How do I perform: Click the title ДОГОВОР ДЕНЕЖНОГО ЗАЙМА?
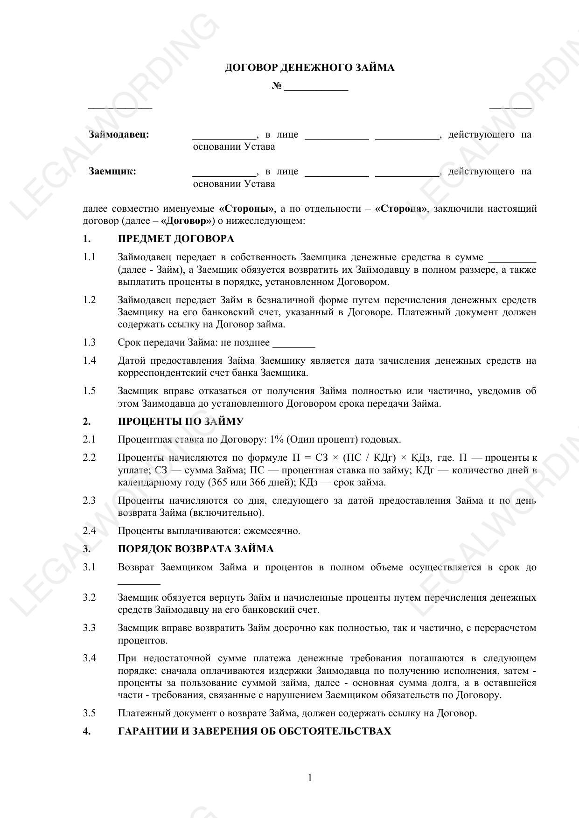(x=309, y=68)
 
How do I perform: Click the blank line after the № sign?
(x=316, y=88)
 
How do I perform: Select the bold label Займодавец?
(x=119, y=135)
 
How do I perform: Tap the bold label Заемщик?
(x=112, y=171)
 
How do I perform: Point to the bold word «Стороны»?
(x=246, y=208)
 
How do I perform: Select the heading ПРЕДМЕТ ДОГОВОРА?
(x=176, y=239)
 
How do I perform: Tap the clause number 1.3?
(x=90, y=342)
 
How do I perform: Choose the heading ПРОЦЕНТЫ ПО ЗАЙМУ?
(x=181, y=421)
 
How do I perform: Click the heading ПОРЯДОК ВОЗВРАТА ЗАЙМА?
(x=195, y=548)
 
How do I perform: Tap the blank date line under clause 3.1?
(x=139, y=582)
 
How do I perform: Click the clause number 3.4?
(x=90, y=658)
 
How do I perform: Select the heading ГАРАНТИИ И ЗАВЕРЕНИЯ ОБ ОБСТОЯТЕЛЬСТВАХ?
(x=254, y=731)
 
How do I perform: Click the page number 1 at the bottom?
(x=310, y=778)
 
